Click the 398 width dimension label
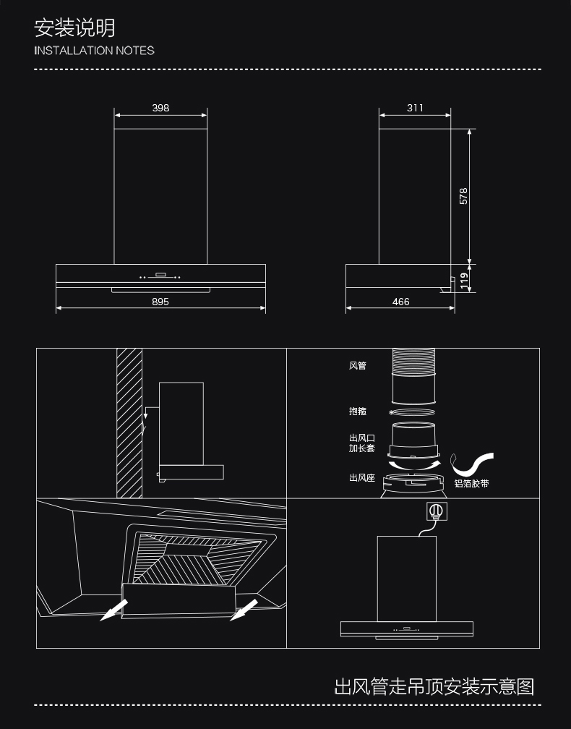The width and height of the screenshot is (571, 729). pyautogui.click(x=160, y=108)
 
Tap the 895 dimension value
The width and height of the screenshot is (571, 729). pyautogui.click(x=160, y=302)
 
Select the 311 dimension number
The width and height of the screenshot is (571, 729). pyautogui.click(x=415, y=108)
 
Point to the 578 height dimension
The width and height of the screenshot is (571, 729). pyautogui.click(x=464, y=196)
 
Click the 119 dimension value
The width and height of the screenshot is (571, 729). pyautogui.click(x=464, y=276)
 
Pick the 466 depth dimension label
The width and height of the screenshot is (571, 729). pyautogui.click(x=400, y=302)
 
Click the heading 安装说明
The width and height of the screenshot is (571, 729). pyautogui.click(x=74, y=28)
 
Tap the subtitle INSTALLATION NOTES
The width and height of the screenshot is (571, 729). pyautogui.click(x=95, y=51)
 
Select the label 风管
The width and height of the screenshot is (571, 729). pyautogui.click(x=357, y=366)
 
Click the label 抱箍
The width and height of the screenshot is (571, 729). pyautogui.click(x=357, y=411)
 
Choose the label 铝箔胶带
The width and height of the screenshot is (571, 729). pyautogui.click(x=471, y=483)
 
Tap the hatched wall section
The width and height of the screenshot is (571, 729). pyautogui.click(x=129, y=423)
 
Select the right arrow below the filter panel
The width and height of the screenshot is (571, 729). pyautogui.click(x=244, y=610)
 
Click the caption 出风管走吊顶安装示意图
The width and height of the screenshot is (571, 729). pyautogui.click(x=434, y=686)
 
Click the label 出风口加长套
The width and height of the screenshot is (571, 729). pyautogui.click(x=361, y=443)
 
